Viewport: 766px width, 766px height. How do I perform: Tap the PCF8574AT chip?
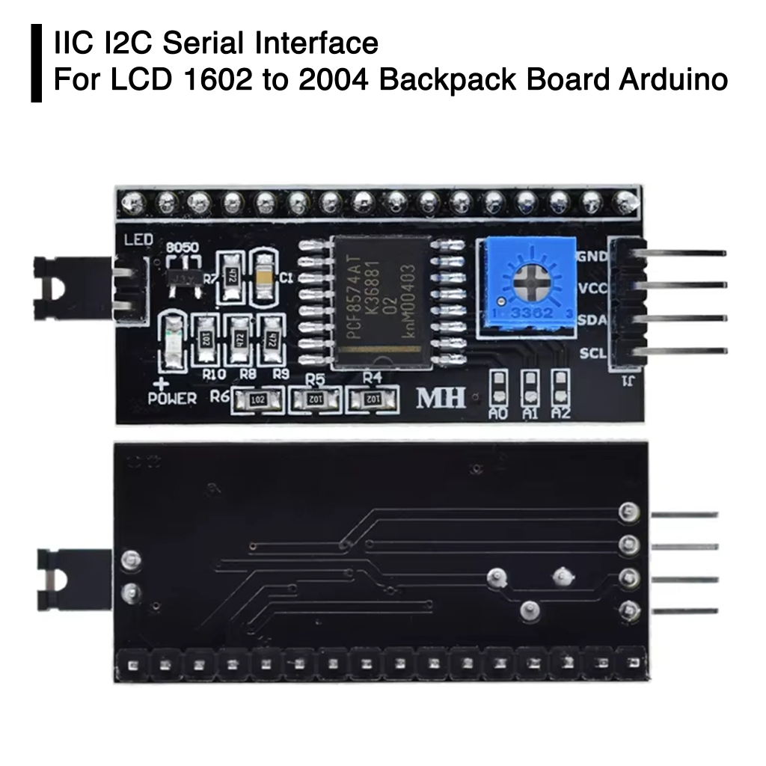pyautogui.click(x=381, y=302)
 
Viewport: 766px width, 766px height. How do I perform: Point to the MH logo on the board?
pyautogui.click(x=441, y=398)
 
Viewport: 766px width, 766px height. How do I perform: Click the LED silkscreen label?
pyautogui.click(x=138, y=240)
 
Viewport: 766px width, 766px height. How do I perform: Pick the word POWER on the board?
pyautogui.click(x=172, y=398)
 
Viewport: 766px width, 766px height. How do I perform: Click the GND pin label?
pyautogui.click(x=591, y=256)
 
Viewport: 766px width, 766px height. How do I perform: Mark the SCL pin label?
pyautogui.click(x=592, y=353)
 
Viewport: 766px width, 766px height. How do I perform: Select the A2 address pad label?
pyautogui.click(x=560, y=412)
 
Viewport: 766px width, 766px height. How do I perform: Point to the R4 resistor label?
pyautogui.click(x=372, y=376)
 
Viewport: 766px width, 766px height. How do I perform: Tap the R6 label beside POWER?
pyautogui.click(x=220, y=397)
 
